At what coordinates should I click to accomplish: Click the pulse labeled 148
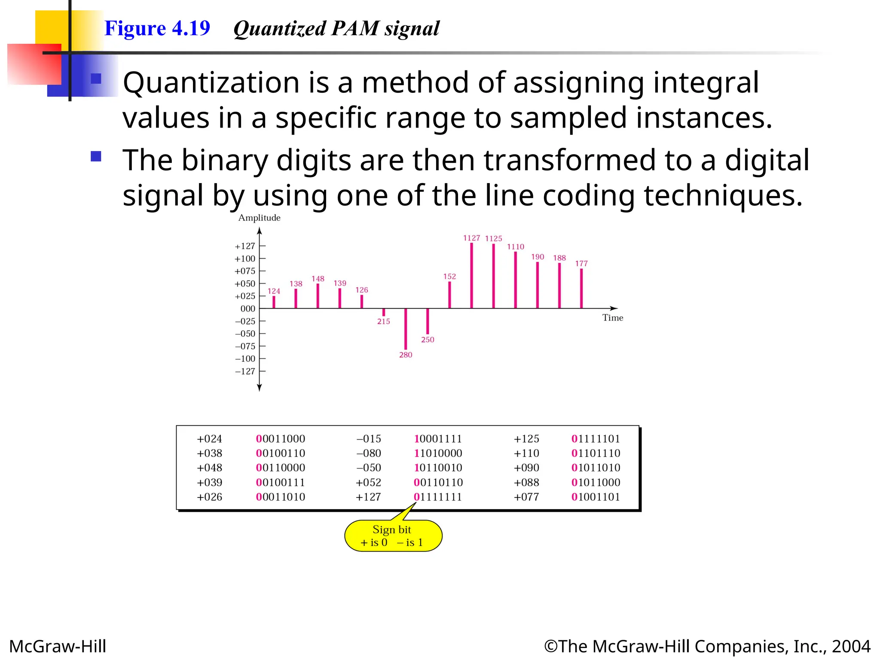tap(318, 296)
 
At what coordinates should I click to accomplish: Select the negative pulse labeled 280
tap(406, 329)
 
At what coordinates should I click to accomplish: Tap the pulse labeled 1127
tap(471, 275)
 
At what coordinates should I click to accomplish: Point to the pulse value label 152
tap(449, 276)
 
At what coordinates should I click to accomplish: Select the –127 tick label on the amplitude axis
tap(245, 371)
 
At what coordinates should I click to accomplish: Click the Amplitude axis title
tap(259, 218)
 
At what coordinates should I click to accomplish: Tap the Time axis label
tap(612, 318)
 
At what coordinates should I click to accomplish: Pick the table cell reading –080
tap(369, 453)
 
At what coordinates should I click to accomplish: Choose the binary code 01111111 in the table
tap(438, 497)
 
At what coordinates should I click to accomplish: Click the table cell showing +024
tap(209, 439)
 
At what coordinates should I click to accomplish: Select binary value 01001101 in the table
tap(596, 497)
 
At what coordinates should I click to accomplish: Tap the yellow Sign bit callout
tap(393, 536)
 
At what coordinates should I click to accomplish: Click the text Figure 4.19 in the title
tap(157, 28)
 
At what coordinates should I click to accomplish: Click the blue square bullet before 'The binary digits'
tap(96, 156)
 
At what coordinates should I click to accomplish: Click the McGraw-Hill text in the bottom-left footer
tap(58, 646)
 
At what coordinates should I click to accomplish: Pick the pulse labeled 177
tap(581, 288)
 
